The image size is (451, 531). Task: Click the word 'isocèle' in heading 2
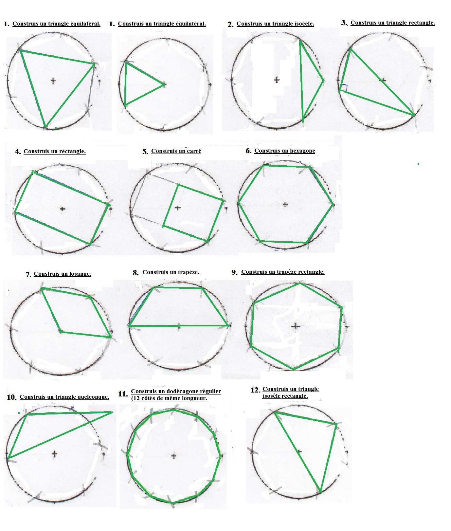[x=304, y=24]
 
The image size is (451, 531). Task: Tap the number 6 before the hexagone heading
[x=248, y=151]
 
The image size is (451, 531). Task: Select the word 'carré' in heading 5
[x=194, y=151]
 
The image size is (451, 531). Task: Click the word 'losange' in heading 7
[x=79, y=274]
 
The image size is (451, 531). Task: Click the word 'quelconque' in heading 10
[x=93, y=397]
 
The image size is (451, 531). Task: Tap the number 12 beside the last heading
[x=255, y=390]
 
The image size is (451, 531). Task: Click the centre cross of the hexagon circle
[x=285, y=205]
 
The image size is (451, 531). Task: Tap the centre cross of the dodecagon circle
[x=174, y=456]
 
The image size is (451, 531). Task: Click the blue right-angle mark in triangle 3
[x=344, y=87]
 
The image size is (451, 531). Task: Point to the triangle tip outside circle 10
[x=112, y=412]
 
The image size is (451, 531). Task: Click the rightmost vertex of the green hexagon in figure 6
[x=333, y=204]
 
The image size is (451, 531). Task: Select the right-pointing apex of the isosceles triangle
[x=323, y=80]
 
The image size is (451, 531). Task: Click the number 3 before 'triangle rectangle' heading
[x=344, y=23]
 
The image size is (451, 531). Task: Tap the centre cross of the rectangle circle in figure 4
[x=63, y=209]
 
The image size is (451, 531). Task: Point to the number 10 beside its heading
[x=11, y=397]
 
